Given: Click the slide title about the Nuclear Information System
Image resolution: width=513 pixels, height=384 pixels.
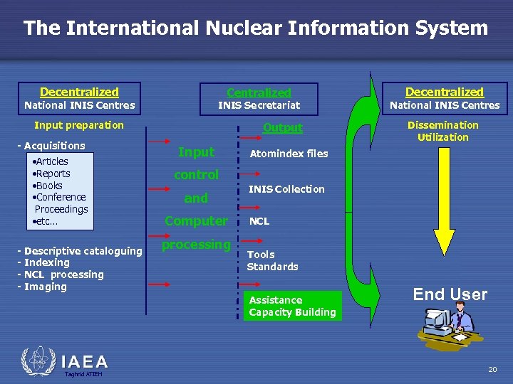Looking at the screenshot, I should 256,28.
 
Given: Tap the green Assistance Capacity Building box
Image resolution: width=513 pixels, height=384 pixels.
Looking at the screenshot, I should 292,306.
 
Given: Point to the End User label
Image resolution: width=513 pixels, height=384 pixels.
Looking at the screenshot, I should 450,294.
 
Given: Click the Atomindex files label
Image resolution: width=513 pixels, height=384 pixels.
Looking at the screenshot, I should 289,153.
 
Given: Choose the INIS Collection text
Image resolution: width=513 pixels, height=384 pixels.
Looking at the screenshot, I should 286,189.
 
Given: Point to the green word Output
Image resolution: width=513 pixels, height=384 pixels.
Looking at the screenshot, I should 283,128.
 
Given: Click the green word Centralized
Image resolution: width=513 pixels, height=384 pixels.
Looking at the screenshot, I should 259,92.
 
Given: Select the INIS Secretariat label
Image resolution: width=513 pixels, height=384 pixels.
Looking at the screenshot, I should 259,105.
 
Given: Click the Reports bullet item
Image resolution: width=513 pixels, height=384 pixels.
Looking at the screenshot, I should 52,173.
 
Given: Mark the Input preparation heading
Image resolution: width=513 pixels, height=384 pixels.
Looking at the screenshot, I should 79,125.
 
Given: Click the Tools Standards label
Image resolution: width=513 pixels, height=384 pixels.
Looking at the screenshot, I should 272,260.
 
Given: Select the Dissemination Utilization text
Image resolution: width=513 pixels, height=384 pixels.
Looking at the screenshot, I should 442,131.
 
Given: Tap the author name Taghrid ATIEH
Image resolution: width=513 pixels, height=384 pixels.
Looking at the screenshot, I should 83,374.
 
